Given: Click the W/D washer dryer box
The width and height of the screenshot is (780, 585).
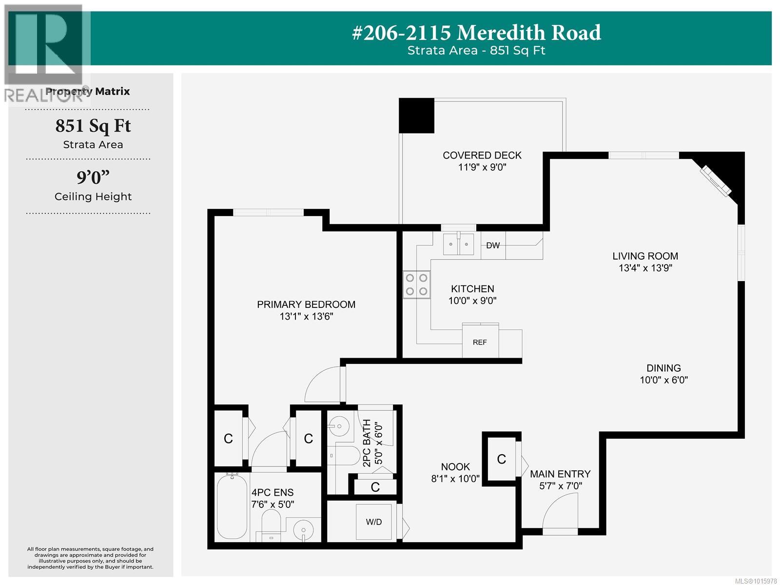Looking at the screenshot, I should [374, 522].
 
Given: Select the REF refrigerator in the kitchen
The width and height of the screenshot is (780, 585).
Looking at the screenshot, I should [480, 342].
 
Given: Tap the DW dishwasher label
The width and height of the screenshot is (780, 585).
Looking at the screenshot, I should [493, 245].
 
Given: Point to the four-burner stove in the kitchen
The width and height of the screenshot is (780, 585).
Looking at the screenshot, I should [416, 284].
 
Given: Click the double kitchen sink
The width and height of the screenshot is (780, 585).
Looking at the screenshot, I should [458, 244].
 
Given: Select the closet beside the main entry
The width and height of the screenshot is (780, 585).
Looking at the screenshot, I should [501, 459].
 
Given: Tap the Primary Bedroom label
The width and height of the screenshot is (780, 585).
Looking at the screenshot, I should [306, 304].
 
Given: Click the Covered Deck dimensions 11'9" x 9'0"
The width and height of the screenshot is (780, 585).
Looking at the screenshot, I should [482, 167].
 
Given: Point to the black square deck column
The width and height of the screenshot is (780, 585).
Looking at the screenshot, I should [416, 116].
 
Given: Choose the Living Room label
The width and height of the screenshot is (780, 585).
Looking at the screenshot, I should [645, 256].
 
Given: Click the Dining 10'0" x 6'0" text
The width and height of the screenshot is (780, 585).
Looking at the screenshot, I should [663, 380].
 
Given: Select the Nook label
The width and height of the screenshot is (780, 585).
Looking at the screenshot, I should [455, 467].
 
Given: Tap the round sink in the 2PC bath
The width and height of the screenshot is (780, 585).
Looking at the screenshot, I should [338, 426].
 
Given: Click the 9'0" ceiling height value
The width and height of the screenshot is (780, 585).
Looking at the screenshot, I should [93, 177].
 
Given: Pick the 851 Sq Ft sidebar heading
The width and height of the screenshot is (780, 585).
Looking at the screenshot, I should [93, 126].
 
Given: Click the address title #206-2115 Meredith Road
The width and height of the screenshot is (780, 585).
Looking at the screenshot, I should [476, 33].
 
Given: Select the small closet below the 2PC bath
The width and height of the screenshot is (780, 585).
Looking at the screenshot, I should [375, 486].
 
